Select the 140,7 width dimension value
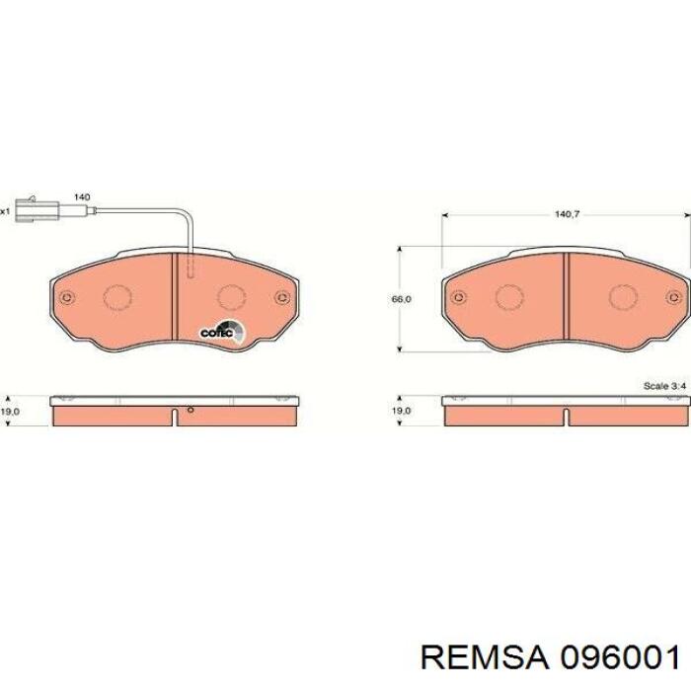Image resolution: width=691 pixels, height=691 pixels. [566, 211]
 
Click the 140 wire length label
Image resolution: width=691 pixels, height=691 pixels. [82, 197]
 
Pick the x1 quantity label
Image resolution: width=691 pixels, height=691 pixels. [5, 210]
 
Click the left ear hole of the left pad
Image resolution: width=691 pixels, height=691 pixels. [66, 297]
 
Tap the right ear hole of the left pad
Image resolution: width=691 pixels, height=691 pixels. [282, 297]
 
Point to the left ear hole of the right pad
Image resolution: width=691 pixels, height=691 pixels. [459, 297]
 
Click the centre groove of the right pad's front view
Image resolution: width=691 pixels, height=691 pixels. [567, 297]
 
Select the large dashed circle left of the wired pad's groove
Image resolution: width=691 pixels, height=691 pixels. [117, 296]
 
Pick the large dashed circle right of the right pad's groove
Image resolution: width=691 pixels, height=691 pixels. [624, 296]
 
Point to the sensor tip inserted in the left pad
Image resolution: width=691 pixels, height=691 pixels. [191, 267]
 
